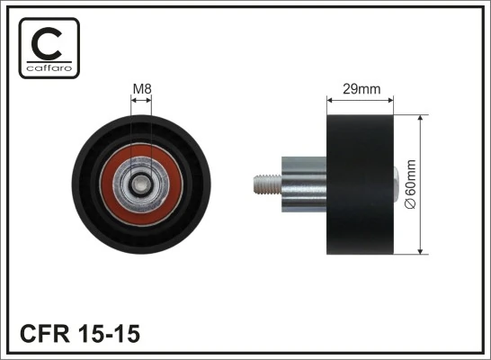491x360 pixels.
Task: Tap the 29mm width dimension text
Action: click(x=360, y=89)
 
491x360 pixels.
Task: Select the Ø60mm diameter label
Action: click(x=413, y=185)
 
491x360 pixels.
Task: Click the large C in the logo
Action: click(x=49, y=41)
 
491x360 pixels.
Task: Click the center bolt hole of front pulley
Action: click(x=142, y=184)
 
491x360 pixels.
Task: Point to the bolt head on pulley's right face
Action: click(x=395, y=185)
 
